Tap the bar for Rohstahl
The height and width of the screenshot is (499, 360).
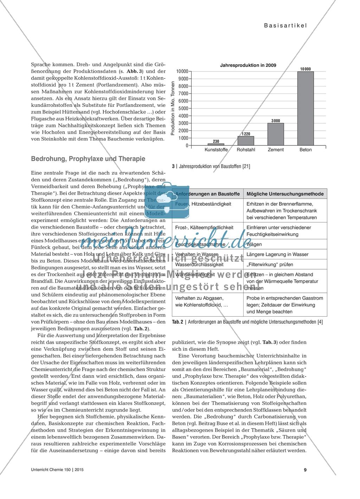tap(246, 141)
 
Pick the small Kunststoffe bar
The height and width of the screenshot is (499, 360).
tap(216, 144)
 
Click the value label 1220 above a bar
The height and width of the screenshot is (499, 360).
tap(246, 134)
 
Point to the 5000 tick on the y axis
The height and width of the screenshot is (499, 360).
tap(183, 108)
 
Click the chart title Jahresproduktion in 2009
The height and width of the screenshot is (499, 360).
tap(248, 65)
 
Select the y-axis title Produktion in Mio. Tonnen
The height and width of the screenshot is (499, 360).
tap(173, 108)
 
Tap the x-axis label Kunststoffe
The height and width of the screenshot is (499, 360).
tap(216, 150)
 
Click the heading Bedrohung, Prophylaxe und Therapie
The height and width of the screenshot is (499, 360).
tap(88, 159)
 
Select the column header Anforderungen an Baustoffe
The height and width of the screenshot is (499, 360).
tap(207, 194)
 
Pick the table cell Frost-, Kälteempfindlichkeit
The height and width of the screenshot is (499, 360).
tap(204, 227)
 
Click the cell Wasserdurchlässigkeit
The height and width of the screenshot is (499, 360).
tap(198, 264)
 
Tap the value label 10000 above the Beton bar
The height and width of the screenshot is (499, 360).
tap(306, 69)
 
